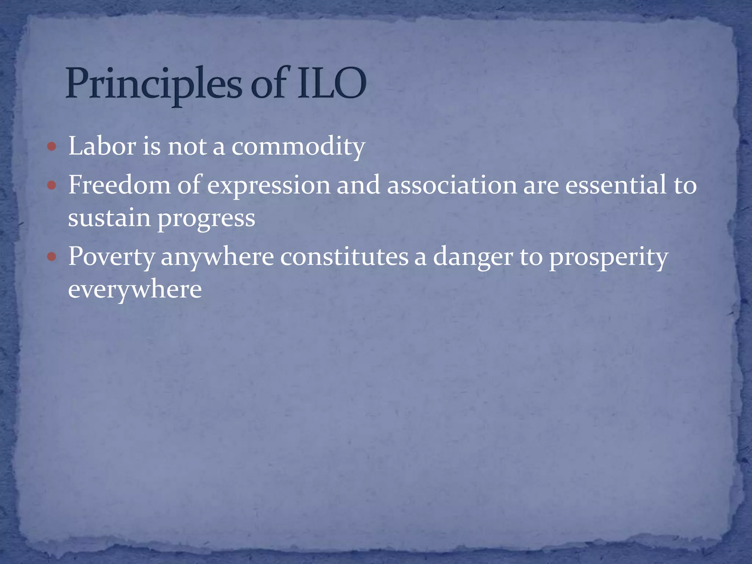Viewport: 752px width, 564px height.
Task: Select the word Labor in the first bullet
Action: click(102, 146)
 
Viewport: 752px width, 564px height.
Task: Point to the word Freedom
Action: click(119, 185)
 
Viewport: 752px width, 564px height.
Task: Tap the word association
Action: click(452, 185)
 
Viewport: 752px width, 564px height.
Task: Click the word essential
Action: click(615, 185)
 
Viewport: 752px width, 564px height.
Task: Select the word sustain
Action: click(109, 218)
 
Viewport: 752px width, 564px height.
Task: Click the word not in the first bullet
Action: click(187, 147)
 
